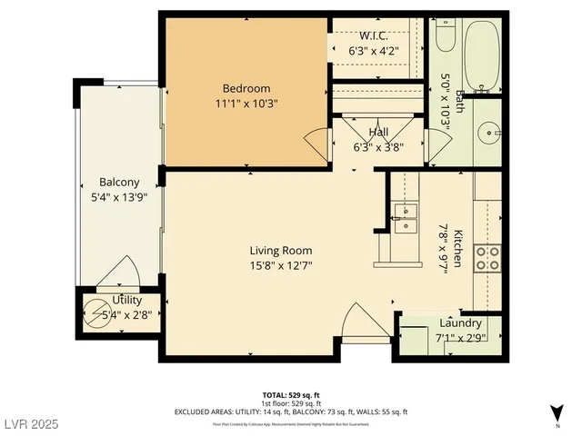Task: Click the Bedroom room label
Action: (246, 88)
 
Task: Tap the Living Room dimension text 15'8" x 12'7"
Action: (281, 266)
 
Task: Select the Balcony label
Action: (119, 182)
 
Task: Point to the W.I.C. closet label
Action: (374, 36)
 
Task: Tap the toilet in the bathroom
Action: (445, 35)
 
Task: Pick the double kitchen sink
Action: (405, 219)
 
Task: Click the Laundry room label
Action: (460, 323)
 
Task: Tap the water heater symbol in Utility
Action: (97, 313)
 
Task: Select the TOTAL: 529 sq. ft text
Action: (291, 395)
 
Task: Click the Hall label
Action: (378, 133)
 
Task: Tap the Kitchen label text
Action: (458, 247)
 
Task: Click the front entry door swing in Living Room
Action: (356, 321)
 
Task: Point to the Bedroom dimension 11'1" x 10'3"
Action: (246, 104)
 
